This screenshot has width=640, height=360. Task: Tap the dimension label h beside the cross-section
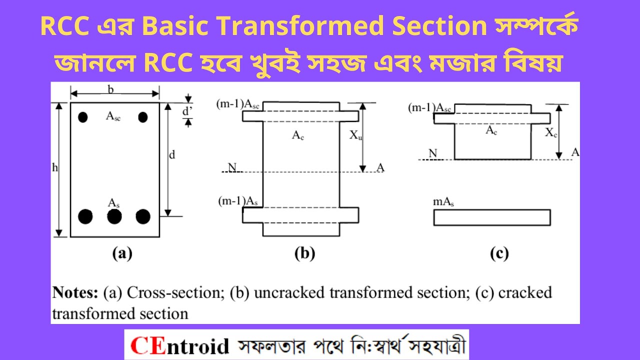click(55, 168)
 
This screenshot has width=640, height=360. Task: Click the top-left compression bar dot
click(83, 117)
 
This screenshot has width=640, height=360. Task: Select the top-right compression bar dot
click(143, 117)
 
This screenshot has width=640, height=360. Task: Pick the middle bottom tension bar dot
click(114, 216)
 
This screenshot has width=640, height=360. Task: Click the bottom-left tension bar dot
click(85, 216)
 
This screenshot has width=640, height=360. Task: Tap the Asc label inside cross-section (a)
click(113, 116)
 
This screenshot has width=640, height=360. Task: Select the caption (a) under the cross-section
click(122, 254)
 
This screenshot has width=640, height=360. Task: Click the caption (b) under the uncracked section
click(304, 254)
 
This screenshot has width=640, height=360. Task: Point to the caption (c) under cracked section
click(499, 254)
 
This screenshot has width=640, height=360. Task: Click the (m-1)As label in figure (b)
click(238, 201)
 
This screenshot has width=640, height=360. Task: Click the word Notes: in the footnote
click(76, 292)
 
